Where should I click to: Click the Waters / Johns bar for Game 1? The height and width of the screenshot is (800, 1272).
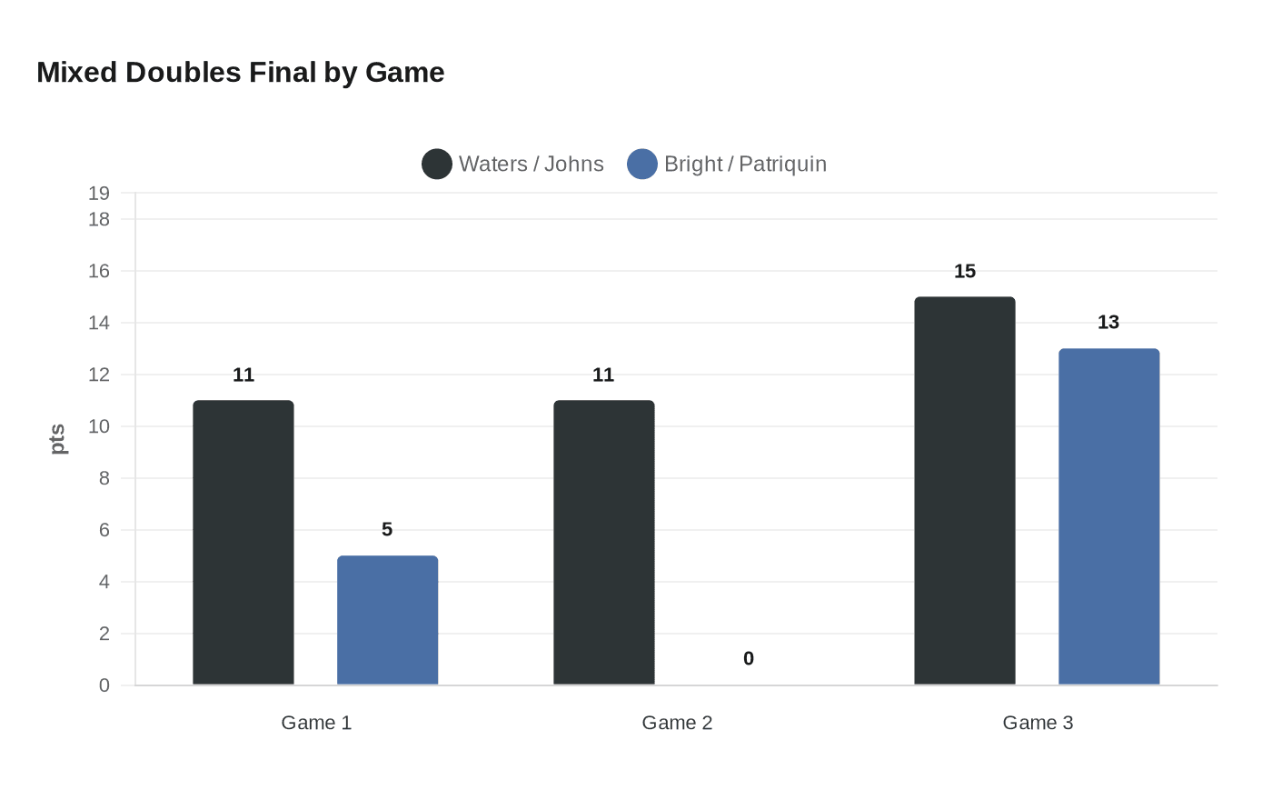tap(243, 543)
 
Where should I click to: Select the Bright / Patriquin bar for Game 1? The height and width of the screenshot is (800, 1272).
tap(387, 620)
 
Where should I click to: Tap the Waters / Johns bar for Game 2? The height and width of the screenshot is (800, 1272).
tap(603, 543)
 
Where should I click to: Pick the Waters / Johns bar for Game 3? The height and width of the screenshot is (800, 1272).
tap(964, 491)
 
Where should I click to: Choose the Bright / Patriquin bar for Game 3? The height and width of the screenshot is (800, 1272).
tap(1108, 516)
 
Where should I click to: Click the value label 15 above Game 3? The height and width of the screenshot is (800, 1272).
tap(965, 271)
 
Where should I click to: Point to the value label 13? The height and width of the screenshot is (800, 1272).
tap(1108, 322)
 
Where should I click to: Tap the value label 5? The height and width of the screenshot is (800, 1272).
tap(387, 529)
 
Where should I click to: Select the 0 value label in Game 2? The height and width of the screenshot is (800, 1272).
tap(749, 658)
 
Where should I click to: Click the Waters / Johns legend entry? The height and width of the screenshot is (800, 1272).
tap(513, 164)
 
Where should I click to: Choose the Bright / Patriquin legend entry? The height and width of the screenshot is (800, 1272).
tap(727, 164)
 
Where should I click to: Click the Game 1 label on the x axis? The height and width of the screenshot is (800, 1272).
tap(316, 723)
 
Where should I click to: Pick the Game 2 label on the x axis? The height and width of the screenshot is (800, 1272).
tap(677, 723)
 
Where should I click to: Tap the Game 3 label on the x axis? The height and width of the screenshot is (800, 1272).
tap(1038, 723)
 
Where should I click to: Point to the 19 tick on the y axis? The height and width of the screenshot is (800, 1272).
tap(99, 193)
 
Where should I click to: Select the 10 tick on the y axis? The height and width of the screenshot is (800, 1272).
tap(99, 426)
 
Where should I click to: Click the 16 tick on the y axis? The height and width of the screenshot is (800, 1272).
tap(99, 271)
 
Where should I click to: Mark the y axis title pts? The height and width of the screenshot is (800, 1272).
tap(58, 439)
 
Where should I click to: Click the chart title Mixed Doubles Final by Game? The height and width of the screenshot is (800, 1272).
tap(241, 73)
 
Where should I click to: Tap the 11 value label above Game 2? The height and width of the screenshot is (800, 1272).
tap(603, 375)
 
